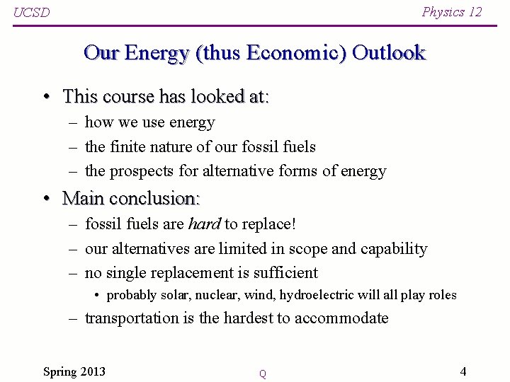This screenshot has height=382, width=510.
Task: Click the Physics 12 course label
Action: [x=451, y=11]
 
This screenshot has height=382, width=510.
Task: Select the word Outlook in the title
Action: [x=388, y=53]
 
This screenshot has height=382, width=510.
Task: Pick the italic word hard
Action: [x=204, y=224]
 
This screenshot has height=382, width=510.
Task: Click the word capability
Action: [x=394, y=249]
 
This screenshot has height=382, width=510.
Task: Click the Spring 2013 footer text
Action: [x=74, y=371]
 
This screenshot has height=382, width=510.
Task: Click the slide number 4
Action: [x=463, y=371]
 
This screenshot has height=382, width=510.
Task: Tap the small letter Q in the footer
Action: [x=262, y=374]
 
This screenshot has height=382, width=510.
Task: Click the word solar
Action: [x=165, y=295]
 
